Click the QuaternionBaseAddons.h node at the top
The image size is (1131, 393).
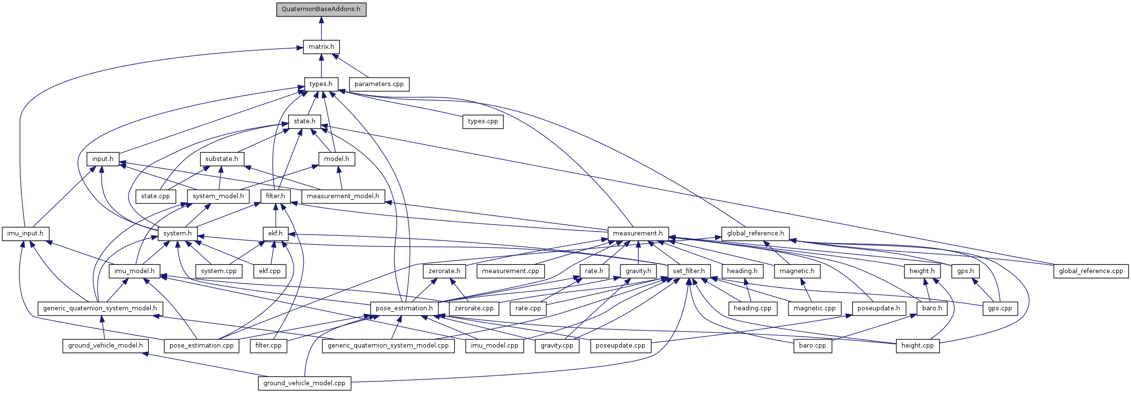pyautogui.click(x=321, y=9)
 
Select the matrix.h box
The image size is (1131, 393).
pyautogui.click(x=321, y=47)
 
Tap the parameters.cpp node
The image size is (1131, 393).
pyautogui.click(x=379, y=84)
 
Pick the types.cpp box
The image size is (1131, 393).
pyautogui.click(x=483, y=121)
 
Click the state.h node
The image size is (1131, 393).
pyautogui.click(x=304, y=121)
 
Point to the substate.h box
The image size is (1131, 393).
pyautogui.click(x=222, y=159)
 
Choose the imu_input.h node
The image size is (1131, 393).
pyautogui.click(x=25, y=233)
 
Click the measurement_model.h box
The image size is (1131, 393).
pyautogui.click(x=343, y=196)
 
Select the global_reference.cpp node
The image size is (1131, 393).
pyautogui.click(x=1091, y=271)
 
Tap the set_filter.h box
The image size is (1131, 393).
pyautogui.click(x=689, y=271)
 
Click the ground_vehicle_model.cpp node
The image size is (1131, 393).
pyautogui.click(x=304, y=383)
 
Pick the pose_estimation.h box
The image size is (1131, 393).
pyautogui.click(x=404, y=308)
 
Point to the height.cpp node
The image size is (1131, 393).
pyautogui.click(x=917, y=346)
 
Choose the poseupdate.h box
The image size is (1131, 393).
pyautogui.click(x=879, y=308)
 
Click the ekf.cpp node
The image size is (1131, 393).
pyautogui.click(x=270, y=271)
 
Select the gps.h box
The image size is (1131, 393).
pyautogui.click(x=966, y=271)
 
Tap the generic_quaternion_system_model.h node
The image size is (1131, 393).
pyautogui.click(x=100, y=308)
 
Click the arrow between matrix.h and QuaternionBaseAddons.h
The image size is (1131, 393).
pyautogui.click(x=321, y=28)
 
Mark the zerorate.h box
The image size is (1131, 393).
pyautogui.click(x=444, y=271)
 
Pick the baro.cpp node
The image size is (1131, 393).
pyautogui.click(x=813, y=346)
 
